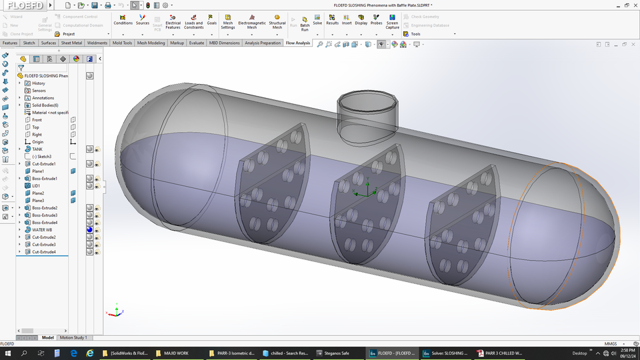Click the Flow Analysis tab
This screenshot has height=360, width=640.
click(297, 43)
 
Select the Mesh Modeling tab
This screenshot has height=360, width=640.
click(151, 43)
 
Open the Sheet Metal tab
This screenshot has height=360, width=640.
click(71, 43)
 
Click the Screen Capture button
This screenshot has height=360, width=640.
click(392, 21)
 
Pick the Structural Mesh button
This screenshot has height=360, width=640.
click(277, 21)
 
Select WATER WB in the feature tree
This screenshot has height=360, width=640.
click(41, 230)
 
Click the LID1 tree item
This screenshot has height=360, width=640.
click(36, 186)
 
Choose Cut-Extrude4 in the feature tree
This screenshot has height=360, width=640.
click(44, 252)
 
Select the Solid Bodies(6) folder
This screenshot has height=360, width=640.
click(45, 105)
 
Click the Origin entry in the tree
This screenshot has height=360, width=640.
click(37, 142)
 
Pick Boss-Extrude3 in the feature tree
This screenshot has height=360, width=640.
click(45, 215)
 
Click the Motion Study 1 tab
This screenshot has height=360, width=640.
click(73, 337)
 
